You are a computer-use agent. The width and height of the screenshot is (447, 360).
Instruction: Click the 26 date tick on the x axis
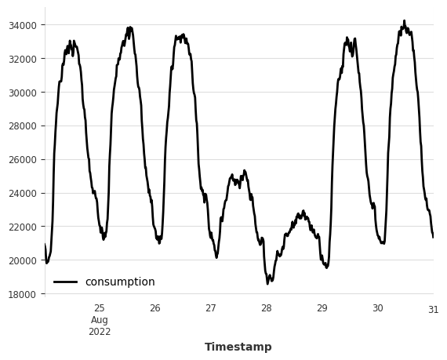155,308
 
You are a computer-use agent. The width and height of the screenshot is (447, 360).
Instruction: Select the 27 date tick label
211,308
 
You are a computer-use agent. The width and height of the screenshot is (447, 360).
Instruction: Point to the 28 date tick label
267,308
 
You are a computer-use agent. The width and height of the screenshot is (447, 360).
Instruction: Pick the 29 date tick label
322,308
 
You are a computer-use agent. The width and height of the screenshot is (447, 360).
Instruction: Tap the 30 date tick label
377,308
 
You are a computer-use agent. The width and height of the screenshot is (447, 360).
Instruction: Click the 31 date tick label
433,308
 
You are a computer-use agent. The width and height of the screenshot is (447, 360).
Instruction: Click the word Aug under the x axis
100,320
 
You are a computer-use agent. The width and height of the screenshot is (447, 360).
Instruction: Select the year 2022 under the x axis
100,332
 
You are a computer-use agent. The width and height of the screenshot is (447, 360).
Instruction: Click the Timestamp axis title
238,347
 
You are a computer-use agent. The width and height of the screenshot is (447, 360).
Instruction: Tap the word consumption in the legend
120,282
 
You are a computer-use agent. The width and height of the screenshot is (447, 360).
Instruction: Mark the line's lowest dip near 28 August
268,282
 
